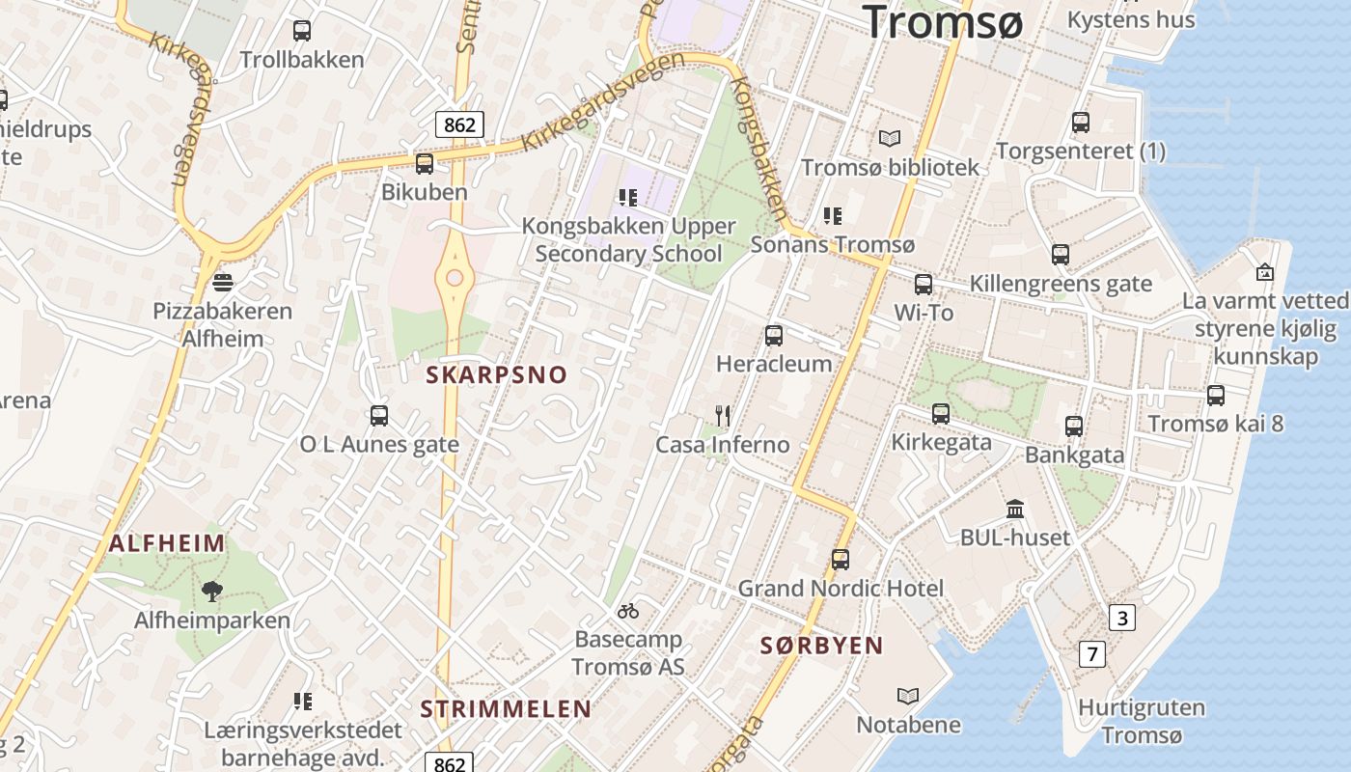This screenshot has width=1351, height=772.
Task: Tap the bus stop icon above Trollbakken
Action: (302, 30)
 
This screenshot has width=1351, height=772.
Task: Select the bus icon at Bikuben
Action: (425, 163)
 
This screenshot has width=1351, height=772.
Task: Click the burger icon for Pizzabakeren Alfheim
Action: (223, 282)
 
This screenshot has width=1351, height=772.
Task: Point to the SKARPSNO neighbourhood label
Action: (497, 375)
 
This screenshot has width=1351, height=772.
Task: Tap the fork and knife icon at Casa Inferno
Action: (723, 416)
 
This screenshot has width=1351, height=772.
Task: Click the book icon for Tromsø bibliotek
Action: (889, 139)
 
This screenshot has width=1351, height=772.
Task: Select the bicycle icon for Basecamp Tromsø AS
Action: (628, 611)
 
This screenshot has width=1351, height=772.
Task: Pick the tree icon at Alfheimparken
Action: (212, 591)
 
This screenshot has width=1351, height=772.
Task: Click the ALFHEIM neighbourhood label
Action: (167, 543)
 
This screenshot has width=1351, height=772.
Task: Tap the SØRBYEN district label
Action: (821, 646)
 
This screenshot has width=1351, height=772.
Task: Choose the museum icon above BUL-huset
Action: (1015, 509)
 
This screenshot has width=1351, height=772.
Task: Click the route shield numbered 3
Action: (1121, 618)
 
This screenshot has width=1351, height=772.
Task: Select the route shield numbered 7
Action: (1091, 654)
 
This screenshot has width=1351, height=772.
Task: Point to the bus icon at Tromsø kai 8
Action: (1216, 395)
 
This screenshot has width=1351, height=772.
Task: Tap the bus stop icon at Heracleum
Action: (774, 336)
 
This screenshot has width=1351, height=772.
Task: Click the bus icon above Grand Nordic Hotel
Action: (841, 560)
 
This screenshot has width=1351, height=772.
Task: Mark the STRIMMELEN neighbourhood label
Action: (506, 709)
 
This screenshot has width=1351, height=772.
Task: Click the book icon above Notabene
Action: (908, 696)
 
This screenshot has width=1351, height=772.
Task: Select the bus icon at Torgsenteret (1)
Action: (1081, 123)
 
